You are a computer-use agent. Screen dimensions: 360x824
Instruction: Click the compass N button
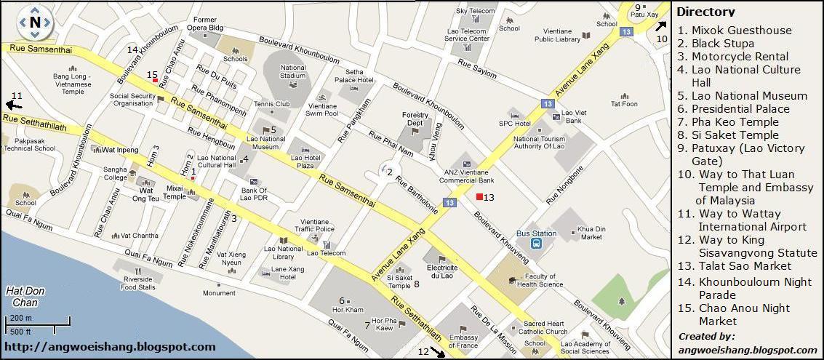click(x=34, y=22)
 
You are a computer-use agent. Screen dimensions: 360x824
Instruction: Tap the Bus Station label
click(x=536, y=233)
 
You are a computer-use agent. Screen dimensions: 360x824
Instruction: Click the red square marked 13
click(x=479, y=197)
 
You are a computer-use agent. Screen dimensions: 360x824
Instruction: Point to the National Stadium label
click(x=293, y=72)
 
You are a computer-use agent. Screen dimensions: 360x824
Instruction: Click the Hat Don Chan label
click(x=25, y=297)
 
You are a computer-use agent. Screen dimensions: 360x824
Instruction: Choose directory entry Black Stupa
click(x=713, y=44)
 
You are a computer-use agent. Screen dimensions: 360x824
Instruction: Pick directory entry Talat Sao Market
click(x=735, y=266)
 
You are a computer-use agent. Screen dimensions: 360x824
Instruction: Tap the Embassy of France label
click(x=463, y=341)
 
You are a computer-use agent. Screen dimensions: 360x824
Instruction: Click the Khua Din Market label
click(x=591, y=233)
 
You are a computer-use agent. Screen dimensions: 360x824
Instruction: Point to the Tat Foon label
click(x=624, y=104)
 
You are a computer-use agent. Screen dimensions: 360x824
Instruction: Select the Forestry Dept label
click(x=415, y=119)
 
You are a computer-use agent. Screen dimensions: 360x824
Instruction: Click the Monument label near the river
click(x=219, y=293)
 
